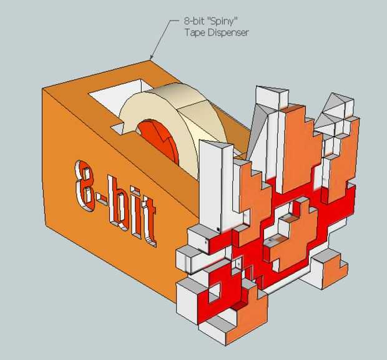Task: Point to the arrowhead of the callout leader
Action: [x=152, y=59]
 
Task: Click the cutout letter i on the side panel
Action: [x=133, y=216]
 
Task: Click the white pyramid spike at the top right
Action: [x=333, y=104]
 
